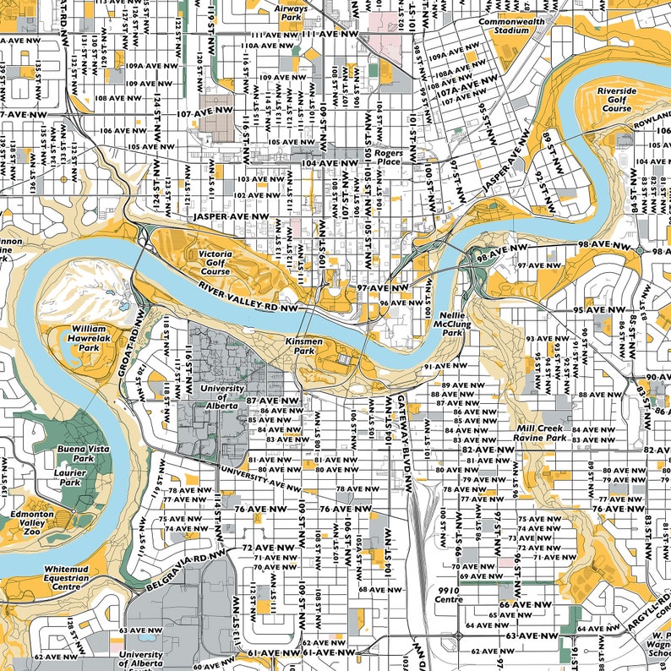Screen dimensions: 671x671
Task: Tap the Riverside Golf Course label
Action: pyautogui.click(x=616, y=99)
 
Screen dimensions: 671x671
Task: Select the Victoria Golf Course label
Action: pyautogui.click(x=215, y=262)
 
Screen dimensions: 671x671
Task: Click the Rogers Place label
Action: pyautogui.click(x=390, y=159)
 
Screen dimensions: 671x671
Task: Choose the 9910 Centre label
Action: pyautogui.click(x=449, y=595)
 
